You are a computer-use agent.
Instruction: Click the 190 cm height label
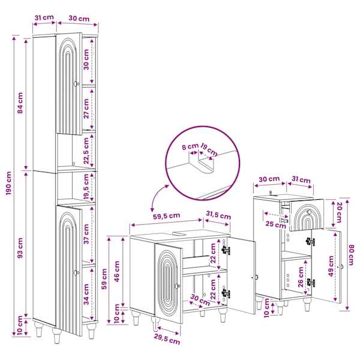click(x=8, y=183)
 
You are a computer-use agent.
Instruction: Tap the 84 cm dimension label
click(x=20, y=103)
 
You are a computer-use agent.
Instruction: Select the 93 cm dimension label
click(x=20, y=248)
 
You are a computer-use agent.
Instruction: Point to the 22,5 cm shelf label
click(x=86, y=151)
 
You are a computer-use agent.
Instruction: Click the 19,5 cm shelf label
click(x=86, y=186)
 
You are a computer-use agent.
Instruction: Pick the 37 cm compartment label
click(x=86, y=234)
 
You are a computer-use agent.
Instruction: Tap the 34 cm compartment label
click(x=86, y=294)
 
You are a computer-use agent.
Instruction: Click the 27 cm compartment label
click(x=86, y=109)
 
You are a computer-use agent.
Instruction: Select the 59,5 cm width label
click(x=166, y=216)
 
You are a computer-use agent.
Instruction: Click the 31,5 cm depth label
click(x=218, y=215)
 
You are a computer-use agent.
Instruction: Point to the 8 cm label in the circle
click(x=190, y=146)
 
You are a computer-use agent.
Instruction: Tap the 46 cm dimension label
click(x=117, y=272)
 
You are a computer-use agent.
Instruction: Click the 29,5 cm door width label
click(x=167, y=340)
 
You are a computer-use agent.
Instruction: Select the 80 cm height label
click(x=351, y=255)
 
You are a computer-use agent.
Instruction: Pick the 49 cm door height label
click(x=331, y=266)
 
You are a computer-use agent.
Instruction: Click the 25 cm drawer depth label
click(x=276, y=224)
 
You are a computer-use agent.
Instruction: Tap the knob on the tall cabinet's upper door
click(x=76, y=84)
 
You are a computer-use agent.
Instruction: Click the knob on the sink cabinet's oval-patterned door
click(x=177, y=286)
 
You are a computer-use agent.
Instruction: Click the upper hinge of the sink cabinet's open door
click(x=226, y=250)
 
